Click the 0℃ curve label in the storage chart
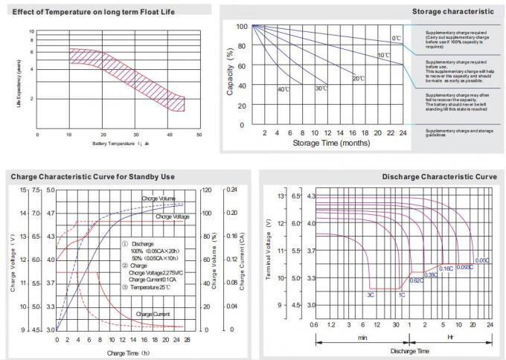click(x=397, y=37)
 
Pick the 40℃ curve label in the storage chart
click(x=283, y=89)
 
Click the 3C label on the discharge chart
click(x=370, y=295)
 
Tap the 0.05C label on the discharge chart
click(x=483, y=260)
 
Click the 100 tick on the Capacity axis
click(x=241, y=26)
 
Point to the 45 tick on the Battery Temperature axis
click(x=201, y=133)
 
